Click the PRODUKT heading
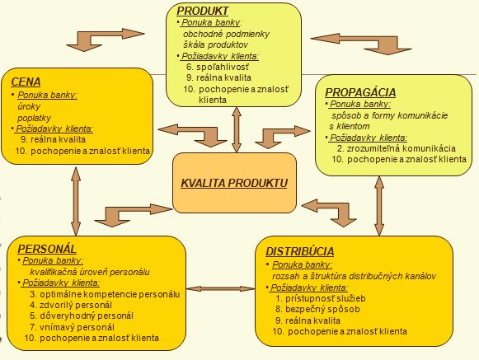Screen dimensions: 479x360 tap(202, 11)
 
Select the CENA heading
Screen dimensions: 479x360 tap(26, 82)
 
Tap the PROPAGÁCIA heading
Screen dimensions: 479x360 tap(360, 92)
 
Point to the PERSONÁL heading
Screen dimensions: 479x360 tap(47, 249)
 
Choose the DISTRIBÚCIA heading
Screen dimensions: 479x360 tap(299, 251)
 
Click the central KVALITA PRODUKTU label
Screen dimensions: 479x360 tap(234, 183)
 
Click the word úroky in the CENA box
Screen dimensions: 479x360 tap(29, 106)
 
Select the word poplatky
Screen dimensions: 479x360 tap(35, 118)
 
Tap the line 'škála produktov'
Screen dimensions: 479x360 tap(216, 44)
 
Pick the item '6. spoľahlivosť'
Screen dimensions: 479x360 tap(218, 67)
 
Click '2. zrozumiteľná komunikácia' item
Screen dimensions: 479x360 tap(397, 148)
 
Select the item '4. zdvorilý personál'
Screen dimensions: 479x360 tap(71, 305)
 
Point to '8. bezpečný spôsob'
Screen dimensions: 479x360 tap(317, 309)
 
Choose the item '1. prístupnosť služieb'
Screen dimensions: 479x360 tap(321, 298)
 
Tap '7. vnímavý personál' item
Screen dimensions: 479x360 tap(72, 327)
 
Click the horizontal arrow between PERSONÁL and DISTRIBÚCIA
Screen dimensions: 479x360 tap(221, 289)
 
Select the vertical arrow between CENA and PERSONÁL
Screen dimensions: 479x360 tap(76, 201)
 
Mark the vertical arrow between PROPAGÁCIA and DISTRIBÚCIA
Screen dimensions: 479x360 tap(379, 206)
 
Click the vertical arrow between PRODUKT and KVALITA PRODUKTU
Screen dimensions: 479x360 tap(237, 129)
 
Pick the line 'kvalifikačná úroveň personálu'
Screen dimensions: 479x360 tap(90, 272)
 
